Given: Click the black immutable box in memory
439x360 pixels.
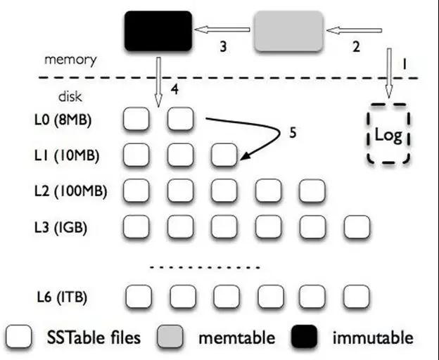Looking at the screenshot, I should pyautogui.click(x=158, y=31).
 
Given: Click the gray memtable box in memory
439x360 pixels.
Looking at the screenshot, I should pyautogui.click(x=289, y=32).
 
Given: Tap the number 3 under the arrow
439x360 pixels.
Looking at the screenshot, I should pyautogui.click(x=222, y=47).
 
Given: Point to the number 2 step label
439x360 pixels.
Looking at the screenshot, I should pyautogui.click(x=356, y=47).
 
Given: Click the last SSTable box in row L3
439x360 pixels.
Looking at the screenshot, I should pyautogui.click(x=356, y=226).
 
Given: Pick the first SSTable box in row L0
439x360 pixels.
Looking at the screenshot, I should pyautogui.click(x=136, y=120).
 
